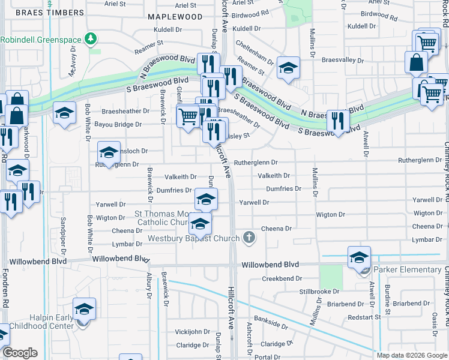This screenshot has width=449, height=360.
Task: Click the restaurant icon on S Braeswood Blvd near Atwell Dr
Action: point(338,122)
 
